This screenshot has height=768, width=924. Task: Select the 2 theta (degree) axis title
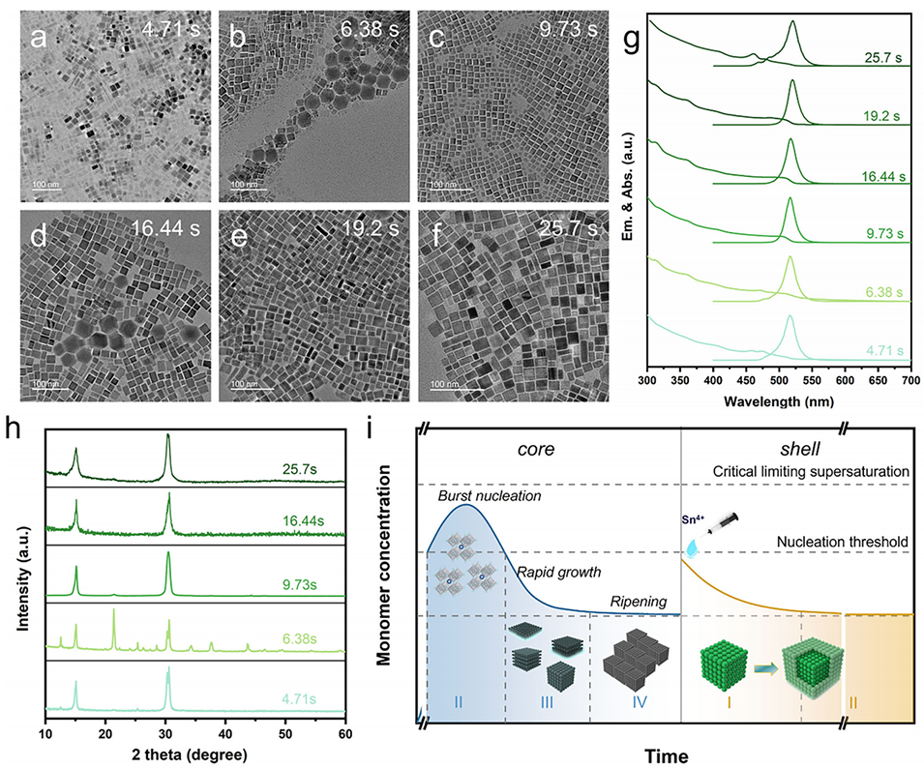pos(194,754)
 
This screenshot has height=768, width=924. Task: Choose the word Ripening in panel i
pos(637,602)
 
